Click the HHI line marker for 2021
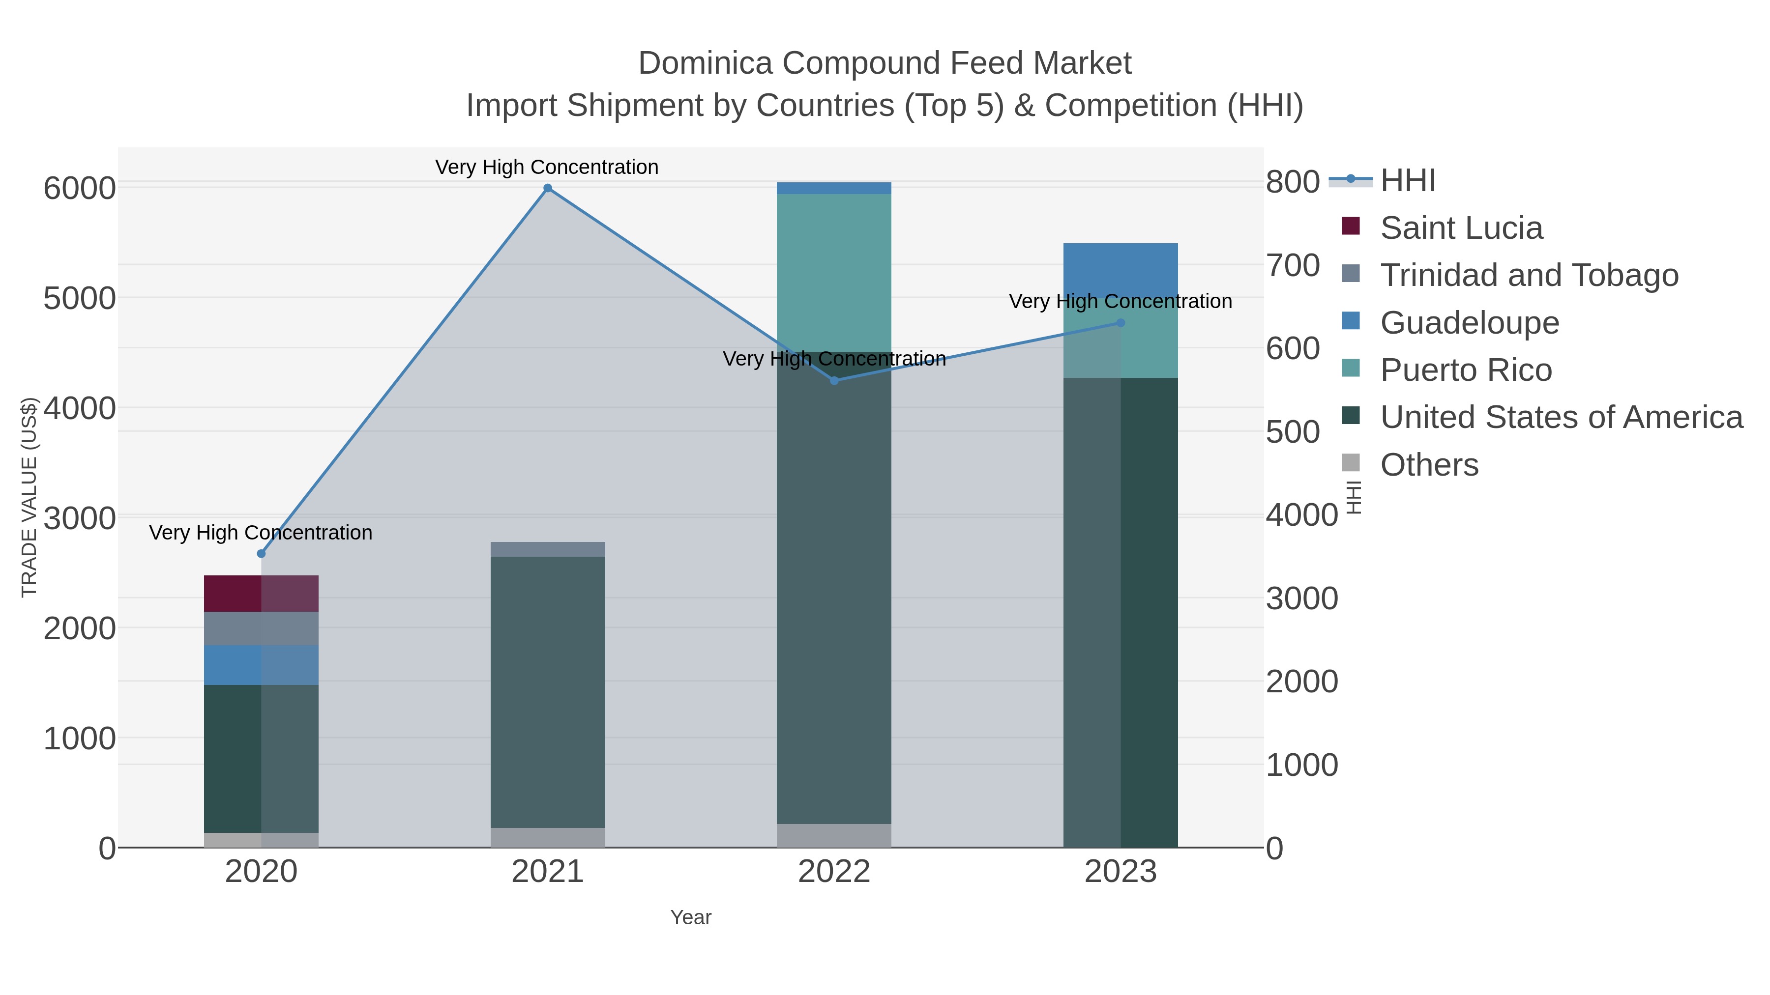click(x=548, y=188)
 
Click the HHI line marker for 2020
click(x=261, y=553)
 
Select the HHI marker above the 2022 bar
click(x=834, y=380)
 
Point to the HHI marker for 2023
click(x=1121, y=323)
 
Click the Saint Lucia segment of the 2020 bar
click(x=261, y=593)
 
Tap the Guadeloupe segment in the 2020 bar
click(x=261, y=665)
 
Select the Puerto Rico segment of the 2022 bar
click(x=834, y=273)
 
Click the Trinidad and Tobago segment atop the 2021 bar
click(x=548, y=549)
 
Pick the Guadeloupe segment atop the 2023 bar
click(x=1121, y=268)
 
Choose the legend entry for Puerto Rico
click(x=1466, y=370)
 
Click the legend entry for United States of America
click(x=1561, y=418)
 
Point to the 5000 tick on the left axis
click(x=79, y=299)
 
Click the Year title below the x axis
click(x=691, y=917)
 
